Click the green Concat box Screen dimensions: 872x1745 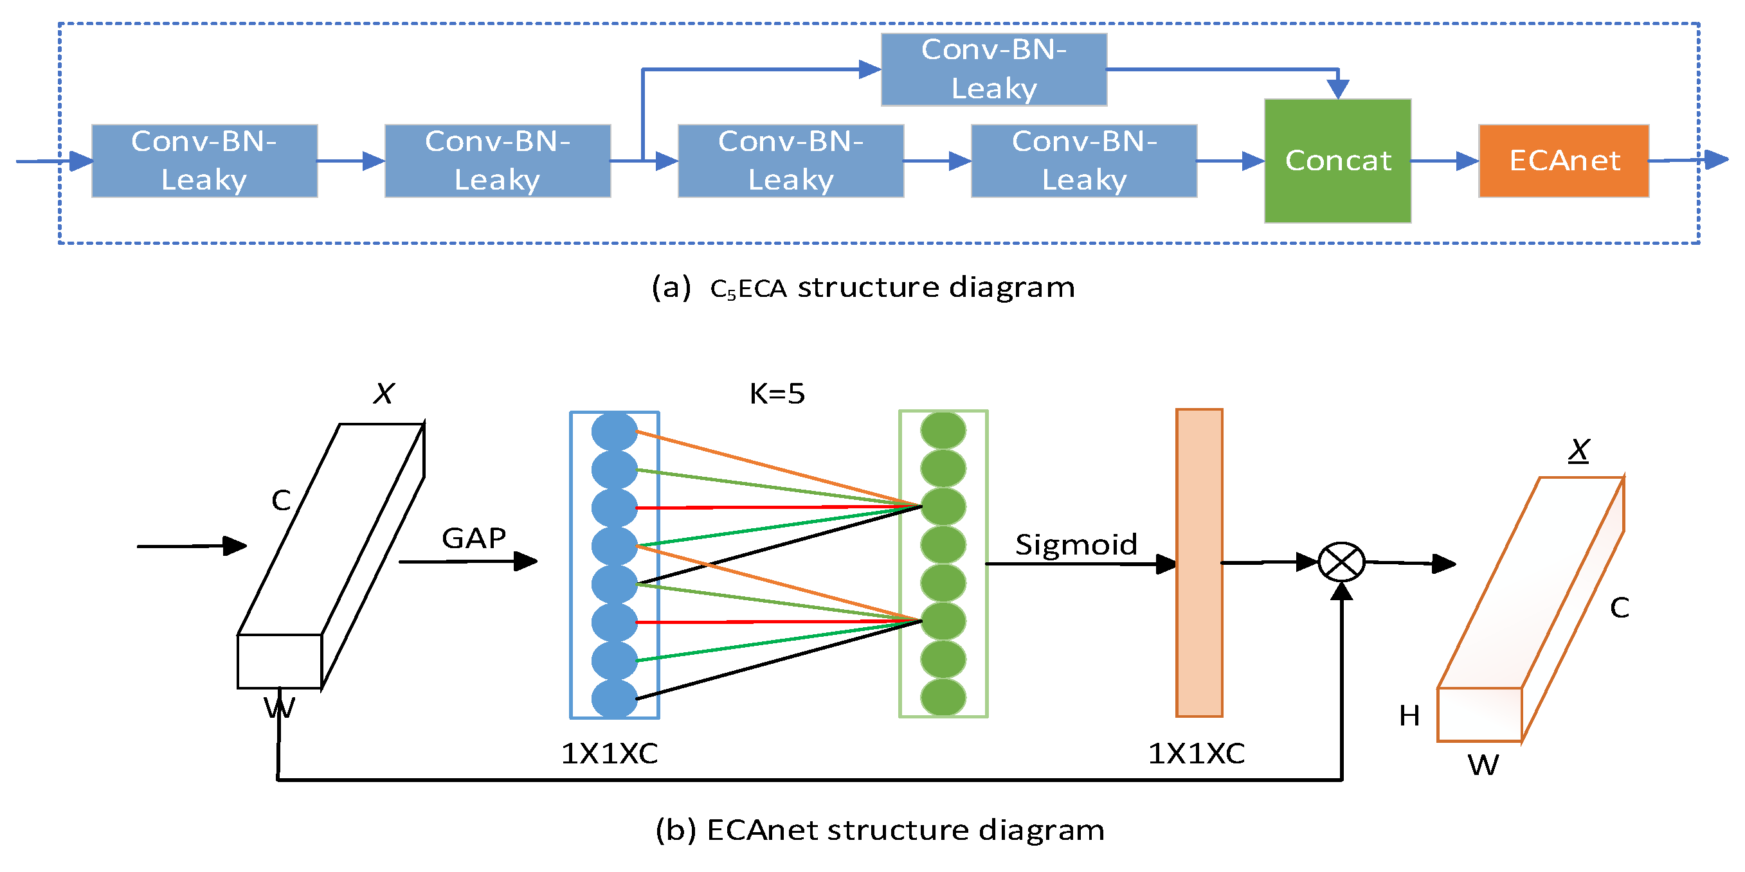click(x=1337, y=161)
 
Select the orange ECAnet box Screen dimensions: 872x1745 click(x=1564, y=161)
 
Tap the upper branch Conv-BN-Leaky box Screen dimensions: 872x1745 click(x=994, y=69)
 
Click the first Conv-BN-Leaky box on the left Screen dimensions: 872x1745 click(x=204, y=161)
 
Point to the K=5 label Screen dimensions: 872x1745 click(x=777, y=393)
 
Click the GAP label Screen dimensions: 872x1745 click(x=473, y=538)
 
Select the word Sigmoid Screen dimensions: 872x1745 click(x=1076, y=544)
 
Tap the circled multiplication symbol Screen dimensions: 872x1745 click(x=1341, y=562)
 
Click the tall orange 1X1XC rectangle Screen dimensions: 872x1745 click(x=1199, y=562)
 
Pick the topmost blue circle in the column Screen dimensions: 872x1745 click(x=615, y=431)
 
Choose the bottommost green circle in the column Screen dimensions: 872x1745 click(x=943, y=697)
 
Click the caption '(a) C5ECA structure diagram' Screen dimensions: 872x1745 click(x=863, y=287)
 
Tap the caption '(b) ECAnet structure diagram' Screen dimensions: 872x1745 click(x=880, y=830)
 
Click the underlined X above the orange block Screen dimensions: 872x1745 click(x=1579, y=450)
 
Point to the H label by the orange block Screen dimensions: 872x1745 click(x=1409, y=716)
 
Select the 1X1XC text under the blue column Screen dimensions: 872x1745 click(x=610, y=754)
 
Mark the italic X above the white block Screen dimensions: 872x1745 click(x=384, y=393)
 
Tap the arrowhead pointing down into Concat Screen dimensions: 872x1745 click(x=1338, y=89)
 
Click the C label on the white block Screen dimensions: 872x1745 click(x=281, y=501)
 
